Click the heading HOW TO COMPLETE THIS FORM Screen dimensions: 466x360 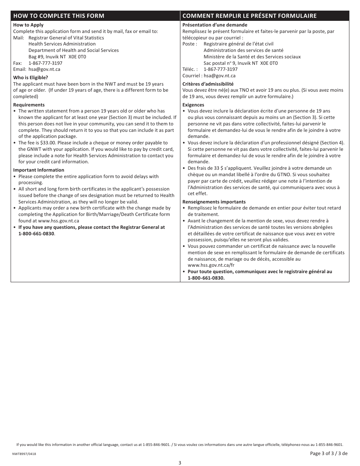59,16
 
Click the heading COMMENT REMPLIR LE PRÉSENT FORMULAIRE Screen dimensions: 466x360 249,16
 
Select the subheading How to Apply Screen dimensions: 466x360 28,25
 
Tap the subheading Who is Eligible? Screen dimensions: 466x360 31,78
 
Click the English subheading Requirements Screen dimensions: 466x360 29,105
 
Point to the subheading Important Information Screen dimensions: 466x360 39,170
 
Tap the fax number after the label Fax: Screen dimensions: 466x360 45,63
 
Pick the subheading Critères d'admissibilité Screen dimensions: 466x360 208,84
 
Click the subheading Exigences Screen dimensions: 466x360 193,105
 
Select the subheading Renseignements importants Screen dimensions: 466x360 214,202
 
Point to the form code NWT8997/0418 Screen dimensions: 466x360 24,453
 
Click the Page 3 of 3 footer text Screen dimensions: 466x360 329,453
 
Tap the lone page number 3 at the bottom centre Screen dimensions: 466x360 180,463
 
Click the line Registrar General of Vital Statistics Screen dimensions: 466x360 66,38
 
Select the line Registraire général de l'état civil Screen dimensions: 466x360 238,44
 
